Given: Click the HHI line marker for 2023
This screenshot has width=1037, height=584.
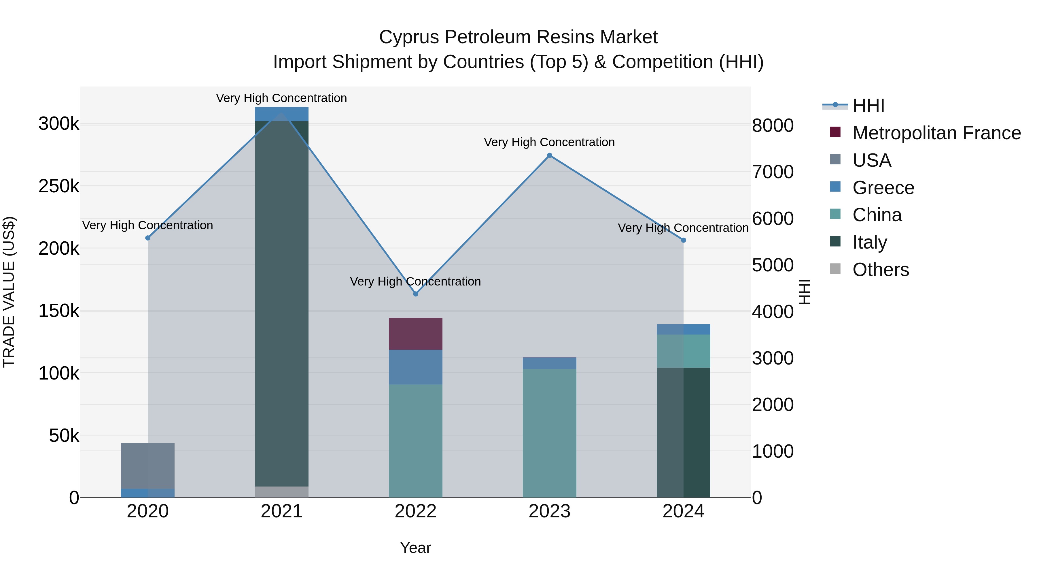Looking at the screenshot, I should (550, 155).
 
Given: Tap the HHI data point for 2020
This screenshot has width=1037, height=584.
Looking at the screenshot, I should (148, 238).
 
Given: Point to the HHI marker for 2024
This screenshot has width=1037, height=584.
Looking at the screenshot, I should (684, 240).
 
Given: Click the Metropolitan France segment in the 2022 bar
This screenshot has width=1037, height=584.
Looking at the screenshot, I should (415, 334).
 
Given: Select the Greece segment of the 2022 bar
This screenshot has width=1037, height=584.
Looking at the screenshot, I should (415, 367).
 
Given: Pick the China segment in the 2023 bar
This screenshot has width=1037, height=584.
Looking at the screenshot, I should (550, 433).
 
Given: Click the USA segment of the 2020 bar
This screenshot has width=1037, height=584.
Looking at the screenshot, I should (148, 465).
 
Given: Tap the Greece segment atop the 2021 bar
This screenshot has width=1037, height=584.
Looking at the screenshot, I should (281, 114).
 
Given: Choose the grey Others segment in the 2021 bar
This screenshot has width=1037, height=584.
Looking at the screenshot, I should (281, 492).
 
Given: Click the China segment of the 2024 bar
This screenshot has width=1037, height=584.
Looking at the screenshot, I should (684, 351).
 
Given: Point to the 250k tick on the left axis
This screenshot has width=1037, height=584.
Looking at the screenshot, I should (59, 186).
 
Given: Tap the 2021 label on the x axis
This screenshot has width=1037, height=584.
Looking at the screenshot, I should (281, 511).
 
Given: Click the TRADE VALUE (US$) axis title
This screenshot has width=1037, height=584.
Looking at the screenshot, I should (9, 292).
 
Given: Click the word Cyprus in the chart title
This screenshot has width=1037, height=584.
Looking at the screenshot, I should (408, 37).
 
